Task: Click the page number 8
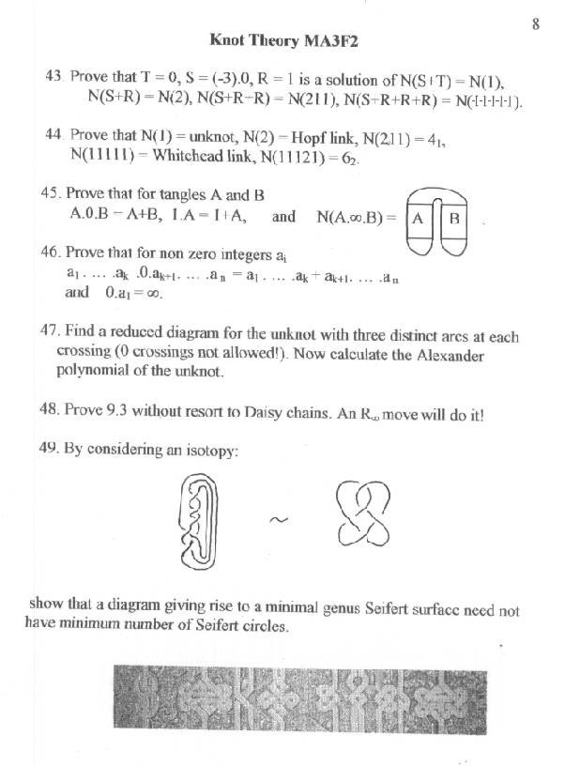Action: (x=535, y=24)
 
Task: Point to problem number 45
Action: (x=52, y=194)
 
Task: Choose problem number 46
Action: (x=52, y=253)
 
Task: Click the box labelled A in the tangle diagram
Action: (x=420, y=219)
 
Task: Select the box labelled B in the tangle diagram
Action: (x=453, y=219)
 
